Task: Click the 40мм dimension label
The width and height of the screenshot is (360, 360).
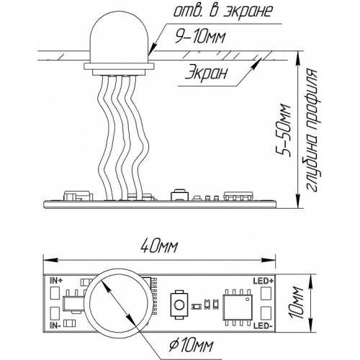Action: [159, 247]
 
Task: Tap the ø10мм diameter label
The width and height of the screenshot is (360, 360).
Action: [191, 346]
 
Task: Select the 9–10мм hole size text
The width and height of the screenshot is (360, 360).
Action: [201, 37]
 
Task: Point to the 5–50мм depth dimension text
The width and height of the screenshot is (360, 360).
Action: [284, 130]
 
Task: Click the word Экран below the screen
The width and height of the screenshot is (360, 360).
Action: [206, 73]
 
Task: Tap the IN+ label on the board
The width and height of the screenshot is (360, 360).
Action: [56, 281]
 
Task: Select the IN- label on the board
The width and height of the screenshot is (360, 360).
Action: [55, 325]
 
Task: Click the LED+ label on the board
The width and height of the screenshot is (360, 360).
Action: [264, 281]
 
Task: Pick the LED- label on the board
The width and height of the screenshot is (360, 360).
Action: [262, 325]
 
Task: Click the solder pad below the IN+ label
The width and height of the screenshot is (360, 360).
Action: [55, 293]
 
